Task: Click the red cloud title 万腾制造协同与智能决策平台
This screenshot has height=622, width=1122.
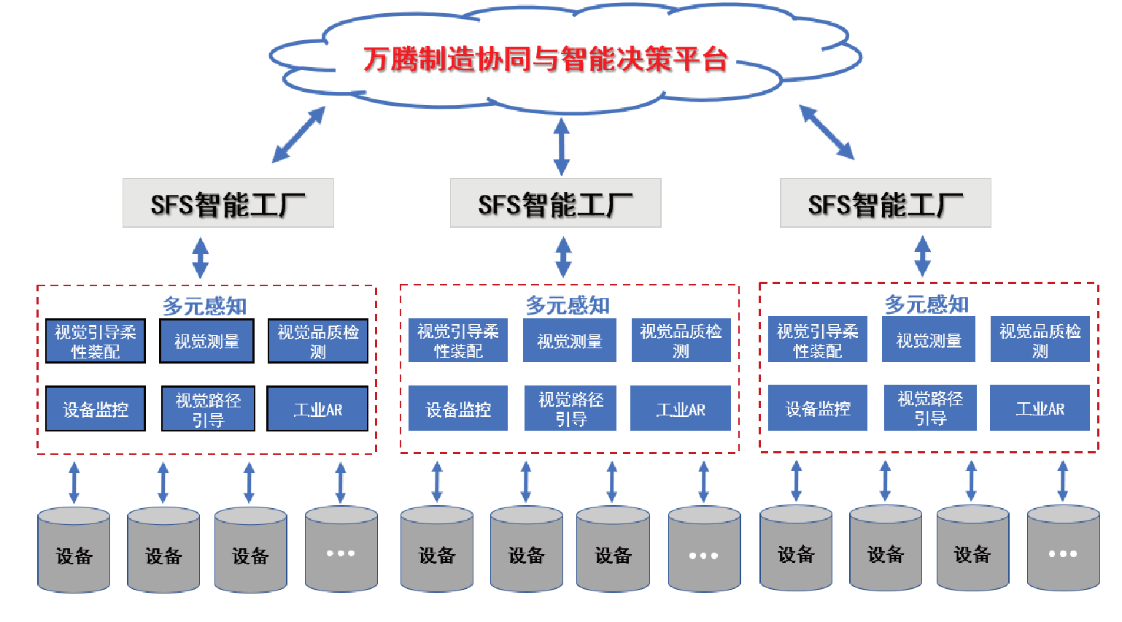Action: tap(545, 59)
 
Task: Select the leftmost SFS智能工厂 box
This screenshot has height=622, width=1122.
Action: tap(228, 203)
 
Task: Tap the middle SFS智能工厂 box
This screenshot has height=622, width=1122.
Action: tap(555, 203)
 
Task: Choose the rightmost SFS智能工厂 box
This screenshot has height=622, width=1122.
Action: tap(885, 203)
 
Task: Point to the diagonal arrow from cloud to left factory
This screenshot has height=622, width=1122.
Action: tap(298, 134)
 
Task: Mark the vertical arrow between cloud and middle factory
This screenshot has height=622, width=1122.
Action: tap(561, 147)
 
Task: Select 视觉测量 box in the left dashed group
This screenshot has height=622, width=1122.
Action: tap(206, 341)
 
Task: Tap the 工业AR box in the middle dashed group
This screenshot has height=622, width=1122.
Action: tap(680, 409)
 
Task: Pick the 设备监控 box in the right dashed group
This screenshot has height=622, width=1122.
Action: tap(817, 408)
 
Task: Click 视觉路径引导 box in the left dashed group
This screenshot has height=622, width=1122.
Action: tap(208, 409)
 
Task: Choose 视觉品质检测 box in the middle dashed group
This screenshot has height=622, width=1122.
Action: tap(680, 341)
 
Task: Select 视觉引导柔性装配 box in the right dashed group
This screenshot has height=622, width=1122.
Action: tap(817, 340)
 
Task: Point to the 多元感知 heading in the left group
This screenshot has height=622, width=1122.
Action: tap(204, 306)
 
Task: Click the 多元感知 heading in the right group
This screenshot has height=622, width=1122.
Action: tap(926, 304)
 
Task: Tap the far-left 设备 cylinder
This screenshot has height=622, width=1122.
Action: tap(74, 550)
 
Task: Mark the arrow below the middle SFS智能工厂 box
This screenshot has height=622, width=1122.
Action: tap(563, 256)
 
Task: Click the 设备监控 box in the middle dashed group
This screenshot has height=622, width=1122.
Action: tap(458, 409)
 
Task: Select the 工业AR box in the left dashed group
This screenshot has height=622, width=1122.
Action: tap(317, 409)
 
